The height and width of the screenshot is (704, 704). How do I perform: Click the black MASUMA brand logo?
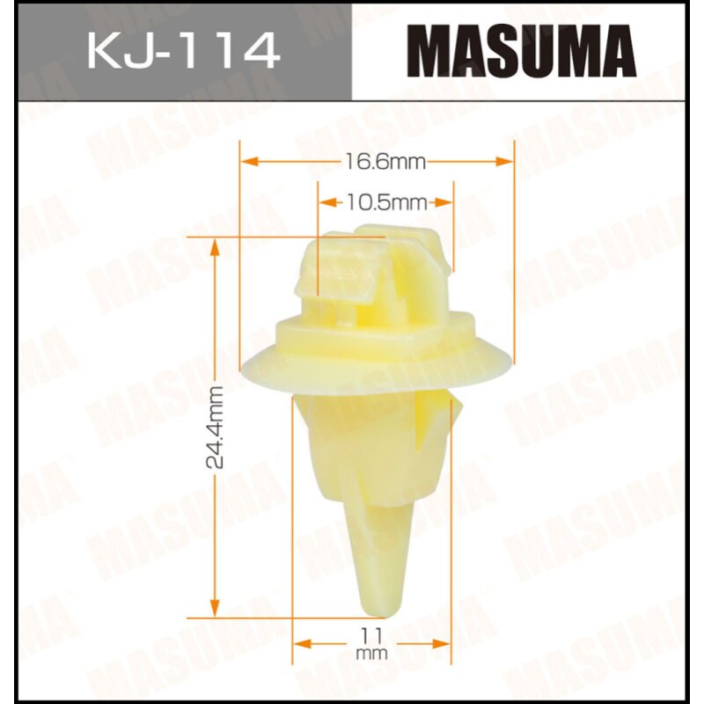pos(525,50)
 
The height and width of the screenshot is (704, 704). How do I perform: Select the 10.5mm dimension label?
pos(385,203)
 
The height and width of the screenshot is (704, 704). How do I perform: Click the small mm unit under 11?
pos(373,654)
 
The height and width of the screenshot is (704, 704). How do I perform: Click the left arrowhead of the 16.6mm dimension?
pos(246,161)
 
